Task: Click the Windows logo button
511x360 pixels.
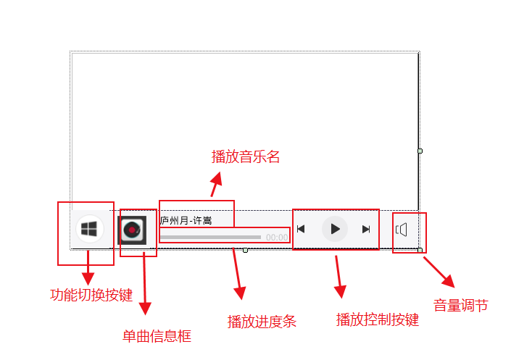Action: pos(89,229)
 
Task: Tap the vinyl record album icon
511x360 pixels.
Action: pos(132,230)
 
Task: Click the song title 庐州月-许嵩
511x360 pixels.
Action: pos(187,220)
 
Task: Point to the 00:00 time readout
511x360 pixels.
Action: pos(276,237)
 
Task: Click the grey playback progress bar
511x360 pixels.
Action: pos(210,237)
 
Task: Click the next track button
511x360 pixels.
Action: pos(366,229)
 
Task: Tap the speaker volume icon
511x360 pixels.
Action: pos(402,230)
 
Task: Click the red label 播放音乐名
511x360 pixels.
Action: pos(245,156)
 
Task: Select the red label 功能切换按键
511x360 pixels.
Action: pos(91,295)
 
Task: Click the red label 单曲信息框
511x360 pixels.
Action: pos(157,336)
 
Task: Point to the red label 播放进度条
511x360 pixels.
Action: pos(262,321)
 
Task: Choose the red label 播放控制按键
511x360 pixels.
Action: pos(378,319)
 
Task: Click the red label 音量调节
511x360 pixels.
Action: pos(461,306)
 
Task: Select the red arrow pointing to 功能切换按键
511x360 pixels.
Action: pos(88,268)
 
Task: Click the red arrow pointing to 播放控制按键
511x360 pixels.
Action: pos(338,277)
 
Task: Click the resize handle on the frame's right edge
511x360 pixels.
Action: pos(420,151)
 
